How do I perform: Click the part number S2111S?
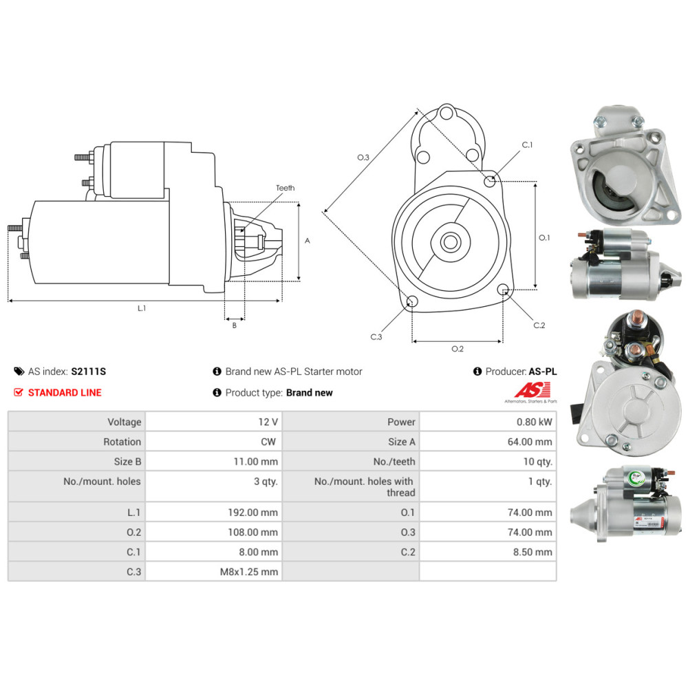[x=88, y=372]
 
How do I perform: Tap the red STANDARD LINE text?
[x=64, y=393]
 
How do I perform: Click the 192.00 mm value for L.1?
[x=254, y=513]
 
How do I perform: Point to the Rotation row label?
[x=122, y=442]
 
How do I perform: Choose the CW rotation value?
[x=269, y=442]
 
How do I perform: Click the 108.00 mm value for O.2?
[x=254, y=533]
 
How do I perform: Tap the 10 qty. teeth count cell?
[x=537, y=462]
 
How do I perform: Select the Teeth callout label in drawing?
[x=285, y=188]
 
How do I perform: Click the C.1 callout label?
[x=527, y=145]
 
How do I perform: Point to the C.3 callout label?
[x=376, y=337]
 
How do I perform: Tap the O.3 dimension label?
[x=363, y=158]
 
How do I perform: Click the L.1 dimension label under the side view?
[x=141, y=309]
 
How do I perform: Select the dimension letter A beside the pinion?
[x=308, y=241]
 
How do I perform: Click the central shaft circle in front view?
[x=451, y=242]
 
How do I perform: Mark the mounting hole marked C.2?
[x=503, y=289]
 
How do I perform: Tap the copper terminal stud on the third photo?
[x=637, y=318]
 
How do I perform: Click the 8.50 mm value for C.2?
[x=535, y=552]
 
